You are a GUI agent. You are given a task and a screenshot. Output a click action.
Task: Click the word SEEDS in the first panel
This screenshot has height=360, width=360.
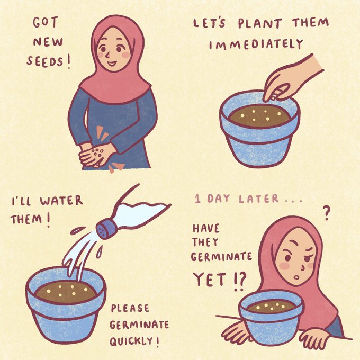coord(44,61)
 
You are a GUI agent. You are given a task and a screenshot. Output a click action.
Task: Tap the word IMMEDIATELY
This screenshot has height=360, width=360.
coord(256,44)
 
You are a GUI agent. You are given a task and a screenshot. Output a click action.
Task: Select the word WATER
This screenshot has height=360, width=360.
coord(61,201)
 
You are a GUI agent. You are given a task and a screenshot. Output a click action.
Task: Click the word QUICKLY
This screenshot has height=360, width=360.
coord(131,341)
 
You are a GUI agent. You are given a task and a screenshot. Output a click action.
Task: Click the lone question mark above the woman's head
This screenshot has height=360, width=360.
coord(326,213)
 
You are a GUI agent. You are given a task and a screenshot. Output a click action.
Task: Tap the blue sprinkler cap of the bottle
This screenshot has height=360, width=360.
coord(107,229)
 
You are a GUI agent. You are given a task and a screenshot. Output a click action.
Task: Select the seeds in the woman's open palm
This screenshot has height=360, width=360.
coord(97,152)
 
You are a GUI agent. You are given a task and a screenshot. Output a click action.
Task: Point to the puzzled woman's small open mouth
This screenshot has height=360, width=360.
coord(297,277)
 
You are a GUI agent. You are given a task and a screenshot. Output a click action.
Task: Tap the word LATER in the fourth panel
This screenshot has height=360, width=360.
coord(259,199)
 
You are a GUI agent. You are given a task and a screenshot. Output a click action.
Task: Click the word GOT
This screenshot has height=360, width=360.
coord(45,22)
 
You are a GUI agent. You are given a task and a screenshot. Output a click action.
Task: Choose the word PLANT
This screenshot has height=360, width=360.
coord(259,23)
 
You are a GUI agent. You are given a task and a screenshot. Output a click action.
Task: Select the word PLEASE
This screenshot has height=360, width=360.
coord(130,308)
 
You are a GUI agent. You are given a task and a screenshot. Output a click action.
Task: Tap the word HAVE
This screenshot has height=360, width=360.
coord(206,229)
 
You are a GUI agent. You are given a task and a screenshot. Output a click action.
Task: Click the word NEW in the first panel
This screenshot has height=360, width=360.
coord(48,42)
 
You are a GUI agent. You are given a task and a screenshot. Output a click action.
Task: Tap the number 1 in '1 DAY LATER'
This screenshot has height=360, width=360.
coord(198,199)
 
